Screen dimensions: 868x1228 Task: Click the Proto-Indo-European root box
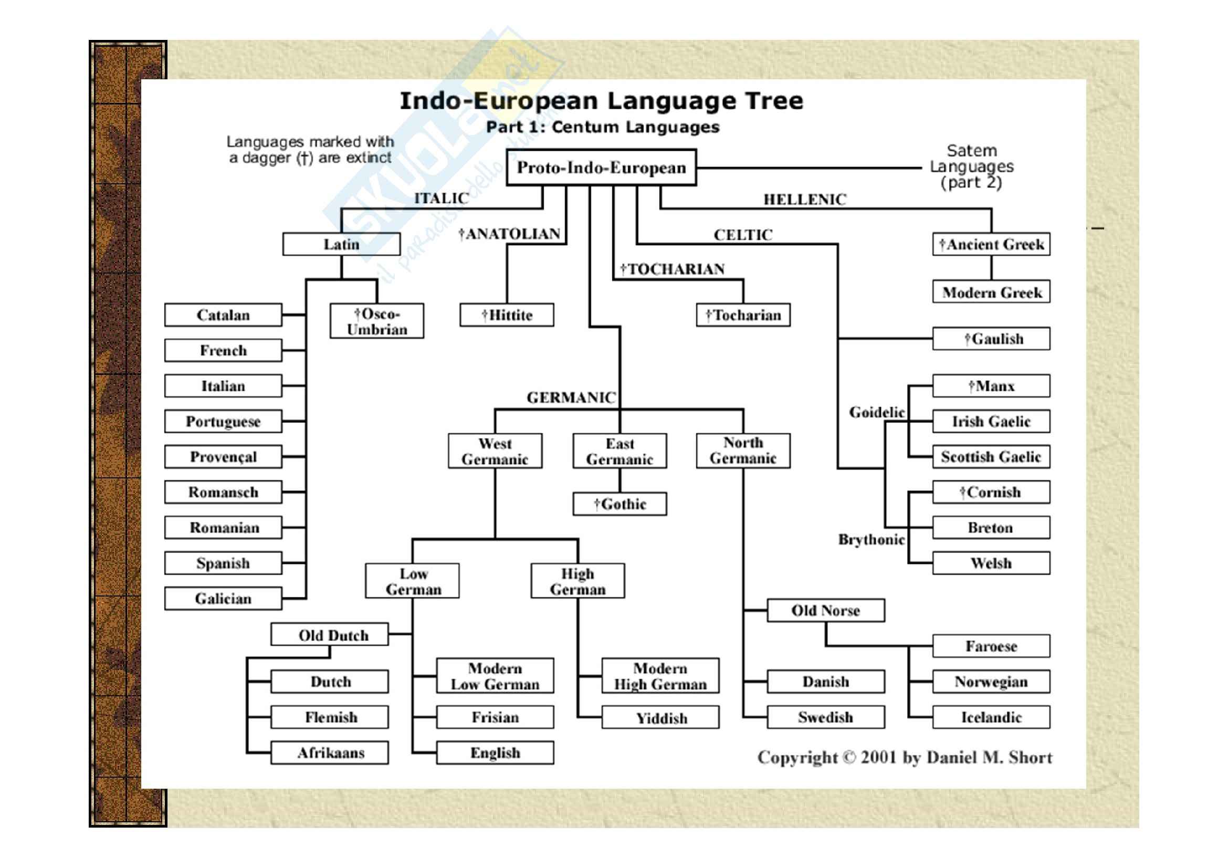pos(601,168)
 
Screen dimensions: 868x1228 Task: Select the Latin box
pos(341,244)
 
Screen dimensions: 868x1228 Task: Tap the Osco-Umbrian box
pos(377,321)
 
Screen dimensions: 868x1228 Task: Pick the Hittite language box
pos(507,316)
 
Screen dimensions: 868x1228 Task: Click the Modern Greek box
pos(991,292)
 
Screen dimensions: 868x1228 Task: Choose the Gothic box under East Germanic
pos(620,504)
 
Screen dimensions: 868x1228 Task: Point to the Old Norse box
pos(825,611)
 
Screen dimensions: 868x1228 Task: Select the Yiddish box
pos(660,718)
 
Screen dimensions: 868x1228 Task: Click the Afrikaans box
pos(330,753)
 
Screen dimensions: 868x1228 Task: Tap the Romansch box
pos(223,493)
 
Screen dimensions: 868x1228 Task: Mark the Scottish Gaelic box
pos(991,457)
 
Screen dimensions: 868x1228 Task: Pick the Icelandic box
pos(991,718)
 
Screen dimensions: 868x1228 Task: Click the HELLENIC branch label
pos(804,200)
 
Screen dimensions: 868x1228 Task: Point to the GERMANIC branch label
pos(571,398)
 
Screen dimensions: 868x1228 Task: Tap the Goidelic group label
pos(877,412)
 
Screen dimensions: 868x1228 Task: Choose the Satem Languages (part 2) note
pos(971,167)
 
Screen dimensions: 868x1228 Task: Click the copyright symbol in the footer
pos(849,758)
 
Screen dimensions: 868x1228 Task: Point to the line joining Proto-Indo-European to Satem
pos(807,168)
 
